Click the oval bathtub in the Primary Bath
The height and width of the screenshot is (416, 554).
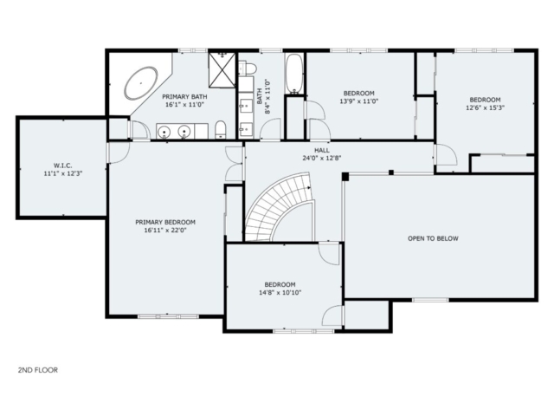point(140,83)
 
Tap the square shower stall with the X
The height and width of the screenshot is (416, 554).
point(222,70)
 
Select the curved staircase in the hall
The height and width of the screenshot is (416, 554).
point(280,207)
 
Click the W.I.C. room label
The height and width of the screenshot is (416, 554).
point(63,166)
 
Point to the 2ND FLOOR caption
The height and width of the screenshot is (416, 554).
point(38,370)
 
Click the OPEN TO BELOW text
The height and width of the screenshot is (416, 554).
point(433,238)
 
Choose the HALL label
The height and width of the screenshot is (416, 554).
point(322,150)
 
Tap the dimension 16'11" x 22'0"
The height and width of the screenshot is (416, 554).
point(165,231)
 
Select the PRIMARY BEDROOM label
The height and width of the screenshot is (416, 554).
point(165,222)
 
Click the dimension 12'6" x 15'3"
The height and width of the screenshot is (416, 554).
point(485,107)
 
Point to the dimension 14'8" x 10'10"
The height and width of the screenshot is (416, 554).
point(280,293)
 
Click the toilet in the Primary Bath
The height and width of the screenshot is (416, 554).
point(221,129)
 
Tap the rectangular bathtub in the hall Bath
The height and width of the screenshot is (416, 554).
point(294,75)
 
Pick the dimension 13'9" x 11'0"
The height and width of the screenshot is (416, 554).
point(359,101)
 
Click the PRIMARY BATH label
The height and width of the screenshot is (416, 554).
point(184,96)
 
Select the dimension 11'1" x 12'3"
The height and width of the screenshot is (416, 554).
point(63,173)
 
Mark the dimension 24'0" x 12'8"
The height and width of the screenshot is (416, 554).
point(322,158)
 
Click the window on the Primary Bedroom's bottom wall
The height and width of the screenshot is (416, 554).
point(168,316)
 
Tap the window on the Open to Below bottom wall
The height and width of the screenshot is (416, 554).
point(430,300)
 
